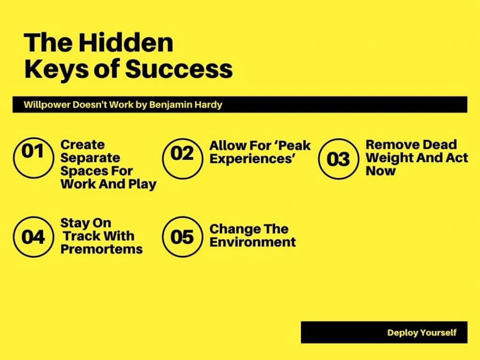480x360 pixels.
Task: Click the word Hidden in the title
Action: point(126,42)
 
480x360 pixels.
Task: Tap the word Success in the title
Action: point(179,69)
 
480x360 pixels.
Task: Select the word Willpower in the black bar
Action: point(47,105)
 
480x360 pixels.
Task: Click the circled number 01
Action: point(34,157)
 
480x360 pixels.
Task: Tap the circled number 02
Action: point(182,158)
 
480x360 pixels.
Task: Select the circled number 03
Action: point(338,158)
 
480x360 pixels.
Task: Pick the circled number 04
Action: point(34,237)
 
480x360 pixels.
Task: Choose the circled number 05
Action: point(182,237)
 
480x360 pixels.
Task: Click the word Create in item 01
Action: point(83,144)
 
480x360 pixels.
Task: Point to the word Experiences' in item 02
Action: point(252,159)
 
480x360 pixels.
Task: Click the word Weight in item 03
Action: point(386,158)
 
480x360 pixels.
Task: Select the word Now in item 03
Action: point(381,171)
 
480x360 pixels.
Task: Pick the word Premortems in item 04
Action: point(102,249)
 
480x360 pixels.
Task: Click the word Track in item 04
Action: point(81,236)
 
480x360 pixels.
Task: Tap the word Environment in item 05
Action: point(253,242)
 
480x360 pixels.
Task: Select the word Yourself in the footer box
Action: point(438,333)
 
